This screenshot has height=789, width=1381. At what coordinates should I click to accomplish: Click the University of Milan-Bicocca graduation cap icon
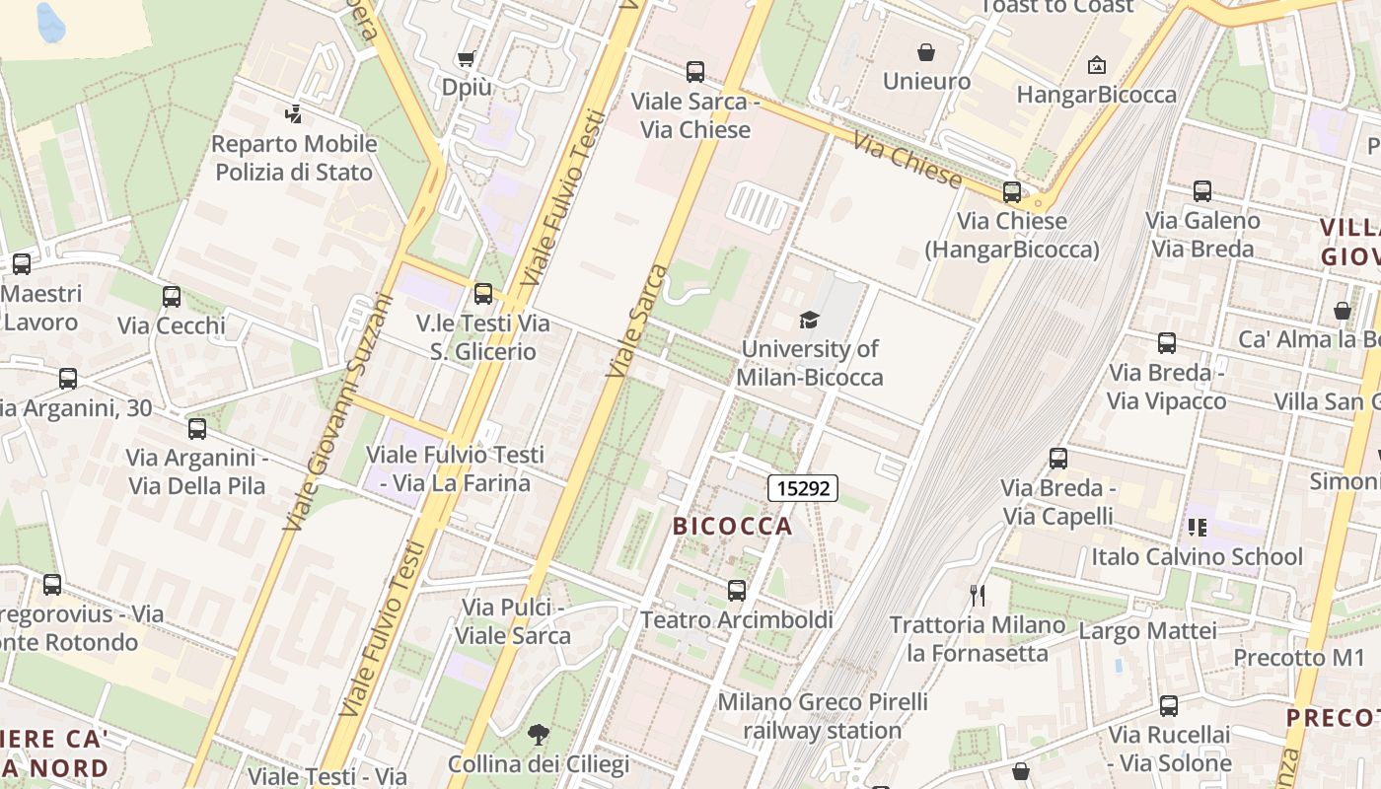click(x=809, y=319)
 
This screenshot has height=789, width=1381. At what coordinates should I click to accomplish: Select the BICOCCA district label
click(x=732, y=526)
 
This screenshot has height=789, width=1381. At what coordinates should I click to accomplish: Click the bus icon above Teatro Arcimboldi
click(x=737, y=591)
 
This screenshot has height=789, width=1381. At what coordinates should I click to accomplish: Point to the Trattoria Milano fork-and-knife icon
click(x=978, y=595)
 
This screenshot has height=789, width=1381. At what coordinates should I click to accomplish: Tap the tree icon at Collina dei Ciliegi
click(x=538, y=735)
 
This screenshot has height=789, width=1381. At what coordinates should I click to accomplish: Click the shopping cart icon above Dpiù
click(x=467, y=59)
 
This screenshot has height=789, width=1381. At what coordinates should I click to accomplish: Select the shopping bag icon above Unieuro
click(x=926, y=52)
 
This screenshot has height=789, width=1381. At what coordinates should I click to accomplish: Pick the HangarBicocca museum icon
click(x=1096, y=66)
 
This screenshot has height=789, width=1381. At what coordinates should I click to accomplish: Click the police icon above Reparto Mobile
click(x=293, y=114)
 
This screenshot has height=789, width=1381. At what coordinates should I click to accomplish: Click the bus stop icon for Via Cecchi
click(x=172, y=296)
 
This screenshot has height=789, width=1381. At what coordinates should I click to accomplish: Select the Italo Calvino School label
click(x=1197, y=556)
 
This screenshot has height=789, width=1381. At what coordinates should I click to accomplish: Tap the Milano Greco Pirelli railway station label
click(x=822, y=716)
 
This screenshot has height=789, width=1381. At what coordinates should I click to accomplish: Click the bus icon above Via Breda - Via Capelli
click(x=1058, y=459)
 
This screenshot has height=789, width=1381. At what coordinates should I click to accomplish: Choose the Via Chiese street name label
click(x=907, y=161)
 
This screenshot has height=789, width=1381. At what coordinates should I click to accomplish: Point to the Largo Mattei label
click(x=1148, y=629)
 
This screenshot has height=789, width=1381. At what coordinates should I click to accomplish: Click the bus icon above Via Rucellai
click(x=1169, y=706)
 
